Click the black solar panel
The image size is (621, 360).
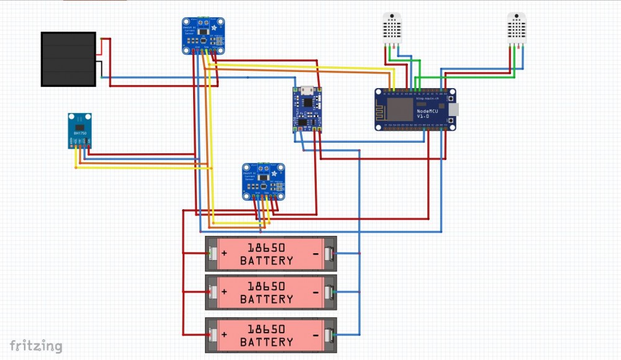click(68, 59)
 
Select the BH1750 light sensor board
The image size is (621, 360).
click(80, 131)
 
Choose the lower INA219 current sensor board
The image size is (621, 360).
click(263, 181)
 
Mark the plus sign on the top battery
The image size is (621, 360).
click(224, 254)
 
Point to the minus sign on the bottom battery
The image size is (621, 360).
click(316, 336)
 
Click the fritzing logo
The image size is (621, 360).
click(35, 346)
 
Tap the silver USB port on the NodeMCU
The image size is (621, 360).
click(451, 109)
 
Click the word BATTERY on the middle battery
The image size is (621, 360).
click(266, 299)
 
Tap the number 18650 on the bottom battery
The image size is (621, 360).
click(266, 329)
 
